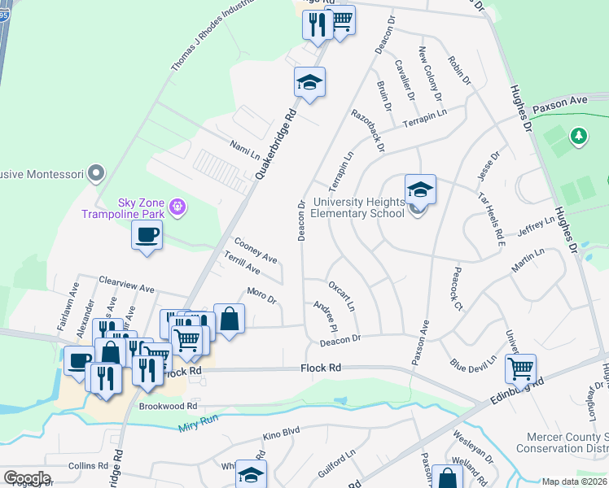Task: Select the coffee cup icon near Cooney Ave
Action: pos(147,236)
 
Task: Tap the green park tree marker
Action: pos(578,136)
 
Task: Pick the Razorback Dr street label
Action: pos(367,131)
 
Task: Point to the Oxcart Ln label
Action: pos(341,296)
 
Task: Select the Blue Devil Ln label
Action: pos(473,363)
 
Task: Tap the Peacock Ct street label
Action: pos(457,289)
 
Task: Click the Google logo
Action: pos(27,477)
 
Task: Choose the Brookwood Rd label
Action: pos(169,405)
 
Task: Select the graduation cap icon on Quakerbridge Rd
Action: pos(309,82)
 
